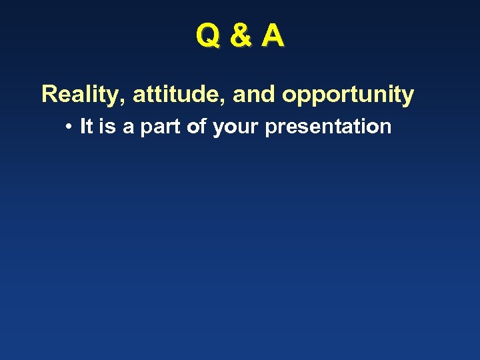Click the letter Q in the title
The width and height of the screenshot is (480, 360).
point(207,37)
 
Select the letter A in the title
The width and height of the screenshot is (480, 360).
point(273,37)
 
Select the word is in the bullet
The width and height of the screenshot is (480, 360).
point(107,126)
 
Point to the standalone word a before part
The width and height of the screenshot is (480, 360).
point(128,127)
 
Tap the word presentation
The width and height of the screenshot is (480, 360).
point(328,127)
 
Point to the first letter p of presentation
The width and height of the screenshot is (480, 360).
point(270,129)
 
